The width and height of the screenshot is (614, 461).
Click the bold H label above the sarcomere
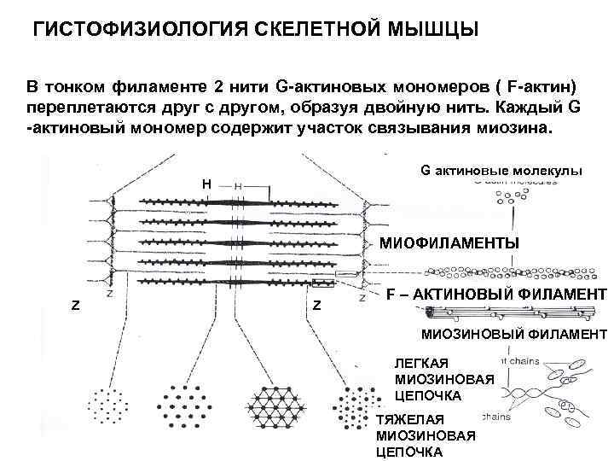206,183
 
